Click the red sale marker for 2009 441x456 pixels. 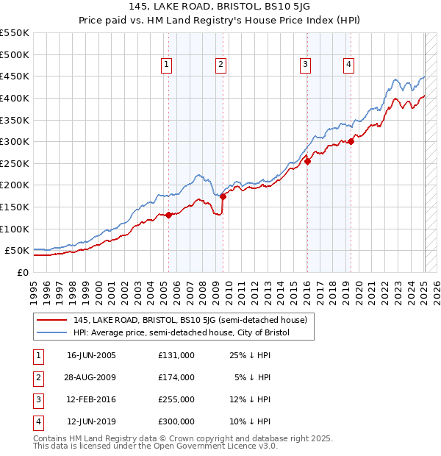(x=223, y=196)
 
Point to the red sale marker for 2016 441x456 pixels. (x=307, y=162)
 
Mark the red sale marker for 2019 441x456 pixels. (x=351, y=142)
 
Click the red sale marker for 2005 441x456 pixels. (x=168, y=215)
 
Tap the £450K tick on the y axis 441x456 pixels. (x=15, y=76)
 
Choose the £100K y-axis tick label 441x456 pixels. (x=15, y=229)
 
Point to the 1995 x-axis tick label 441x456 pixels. (x=34, y=291)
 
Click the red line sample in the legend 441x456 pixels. (x=52, y=320)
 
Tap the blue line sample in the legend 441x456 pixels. (x=52, y=332)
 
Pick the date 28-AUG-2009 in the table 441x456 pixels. (x=91, y=377)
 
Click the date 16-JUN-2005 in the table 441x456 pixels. (x=91, y=355)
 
